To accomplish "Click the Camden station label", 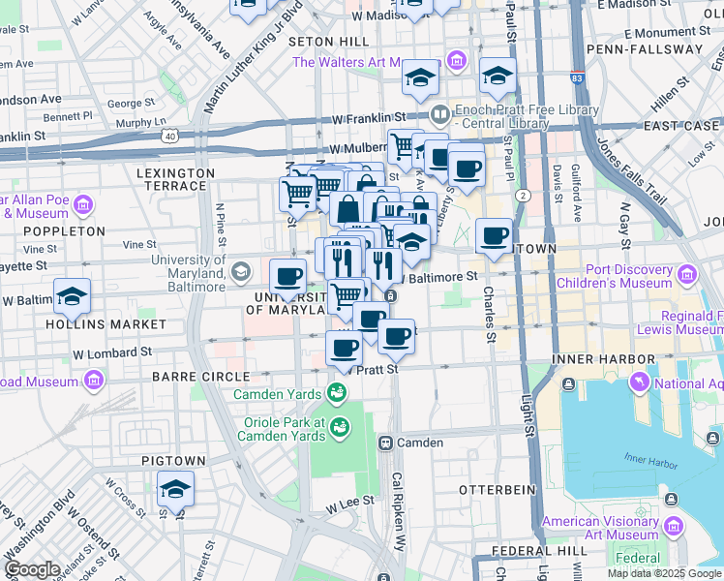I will pyautogui.click(x=418, y=443).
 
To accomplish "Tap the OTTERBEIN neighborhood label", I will pyautogui.click(x=497, y=490).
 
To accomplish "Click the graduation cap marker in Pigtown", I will pyautogui.click(x=175, y=487).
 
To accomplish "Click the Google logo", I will pyautogui.click(x=32, y=569).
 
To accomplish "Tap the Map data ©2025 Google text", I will pyautogui.click(x=664, y=573).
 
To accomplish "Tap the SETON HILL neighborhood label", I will pyautogui.click(x=328, y=42).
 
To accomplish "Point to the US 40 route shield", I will pyautogui.click(x=170, y=137).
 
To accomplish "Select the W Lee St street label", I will pyautogui.click(x=349, y=505).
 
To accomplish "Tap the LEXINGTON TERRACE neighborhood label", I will pyautogui.click(x=175, y=172).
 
